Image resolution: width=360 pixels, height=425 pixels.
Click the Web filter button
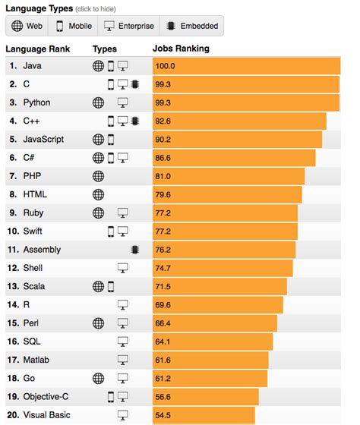tap(27, 26)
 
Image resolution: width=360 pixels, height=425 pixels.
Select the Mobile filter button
tap(74, 26)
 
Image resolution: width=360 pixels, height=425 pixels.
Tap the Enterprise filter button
tap(128, 26)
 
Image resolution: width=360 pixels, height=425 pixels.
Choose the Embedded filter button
tap(191, 26)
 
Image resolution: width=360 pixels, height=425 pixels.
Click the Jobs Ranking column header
tap(181, 49)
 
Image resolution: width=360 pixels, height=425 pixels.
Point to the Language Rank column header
tap(39, 49)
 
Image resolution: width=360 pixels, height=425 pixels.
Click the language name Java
tap(33, 66)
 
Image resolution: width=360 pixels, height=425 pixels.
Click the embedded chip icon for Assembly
tap(134, 249)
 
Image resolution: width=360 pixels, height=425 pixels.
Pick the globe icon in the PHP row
tap(97, 176)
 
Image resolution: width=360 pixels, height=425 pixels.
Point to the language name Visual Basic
tap(49, 415)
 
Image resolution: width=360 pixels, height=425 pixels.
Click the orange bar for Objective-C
tap(205, 397)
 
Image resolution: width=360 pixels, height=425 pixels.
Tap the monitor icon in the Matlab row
tap(122, 360)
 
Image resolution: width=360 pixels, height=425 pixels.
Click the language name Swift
tap(34, 231)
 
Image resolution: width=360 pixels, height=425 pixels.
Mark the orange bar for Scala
tap(219, 286)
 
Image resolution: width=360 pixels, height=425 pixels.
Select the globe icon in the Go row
tap(97, 378)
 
